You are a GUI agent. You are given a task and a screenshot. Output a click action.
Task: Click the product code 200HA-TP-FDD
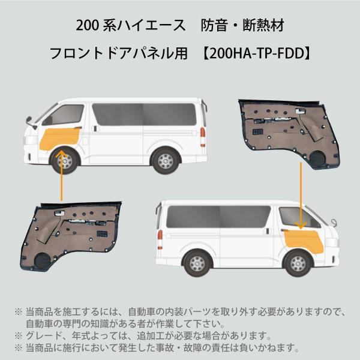[257, 53]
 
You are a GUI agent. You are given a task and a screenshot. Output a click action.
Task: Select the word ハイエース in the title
[152, 25]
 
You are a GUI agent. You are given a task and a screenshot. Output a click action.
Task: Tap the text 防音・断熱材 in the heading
[242, 25]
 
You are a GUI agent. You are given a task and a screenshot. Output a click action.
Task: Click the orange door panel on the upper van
[60, 139]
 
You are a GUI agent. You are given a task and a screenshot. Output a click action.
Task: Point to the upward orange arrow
[62, 175]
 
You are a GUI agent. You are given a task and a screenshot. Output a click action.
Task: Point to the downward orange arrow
[301, 196]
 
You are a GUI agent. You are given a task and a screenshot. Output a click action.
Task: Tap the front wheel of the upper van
[65, 161]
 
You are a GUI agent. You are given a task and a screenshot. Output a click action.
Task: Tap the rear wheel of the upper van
[166, 161]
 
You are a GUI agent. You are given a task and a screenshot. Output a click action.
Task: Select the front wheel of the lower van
[298, 264]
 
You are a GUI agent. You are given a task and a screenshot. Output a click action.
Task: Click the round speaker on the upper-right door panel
[317, 159]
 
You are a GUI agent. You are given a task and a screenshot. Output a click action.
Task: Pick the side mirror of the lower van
[333, 222]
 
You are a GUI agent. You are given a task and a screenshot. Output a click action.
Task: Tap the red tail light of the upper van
[203, 137]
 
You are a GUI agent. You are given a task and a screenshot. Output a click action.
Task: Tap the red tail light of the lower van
[160, 239]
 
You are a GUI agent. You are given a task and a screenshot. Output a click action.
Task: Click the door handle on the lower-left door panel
[59, 213]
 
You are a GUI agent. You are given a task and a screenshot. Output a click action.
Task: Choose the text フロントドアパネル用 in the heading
[118, 53]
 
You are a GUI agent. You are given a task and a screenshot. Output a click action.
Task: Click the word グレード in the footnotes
[44, 336]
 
